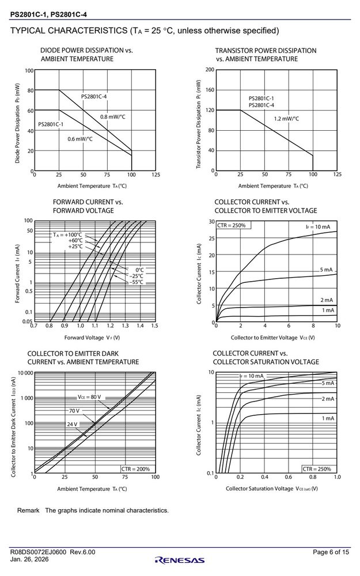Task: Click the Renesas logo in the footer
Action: coord(180,560)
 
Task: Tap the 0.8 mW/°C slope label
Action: coord(113,117)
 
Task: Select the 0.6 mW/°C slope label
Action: coord(80,139)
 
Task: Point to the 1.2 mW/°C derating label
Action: coord(286,119)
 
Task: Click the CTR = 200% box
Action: coord(135,469)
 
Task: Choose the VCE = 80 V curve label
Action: coord(89,397)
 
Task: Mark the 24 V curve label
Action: coord(72,425)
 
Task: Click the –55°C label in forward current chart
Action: coord(136,282)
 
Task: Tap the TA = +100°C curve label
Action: coord(67,235)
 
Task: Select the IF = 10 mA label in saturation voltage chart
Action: coord(251,376)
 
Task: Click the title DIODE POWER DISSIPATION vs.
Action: coord(86,50)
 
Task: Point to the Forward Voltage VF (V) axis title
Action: coord(92,338)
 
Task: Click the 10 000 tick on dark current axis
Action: coord(25,373)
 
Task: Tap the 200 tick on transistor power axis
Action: coord(210,70)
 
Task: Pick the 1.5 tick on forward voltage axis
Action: coord(154,325)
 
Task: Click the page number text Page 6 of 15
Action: coord(331,552)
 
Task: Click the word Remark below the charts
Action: coord(28,510)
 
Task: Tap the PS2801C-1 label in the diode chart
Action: coord(51,124)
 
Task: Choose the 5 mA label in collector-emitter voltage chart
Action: coord(326,270)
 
